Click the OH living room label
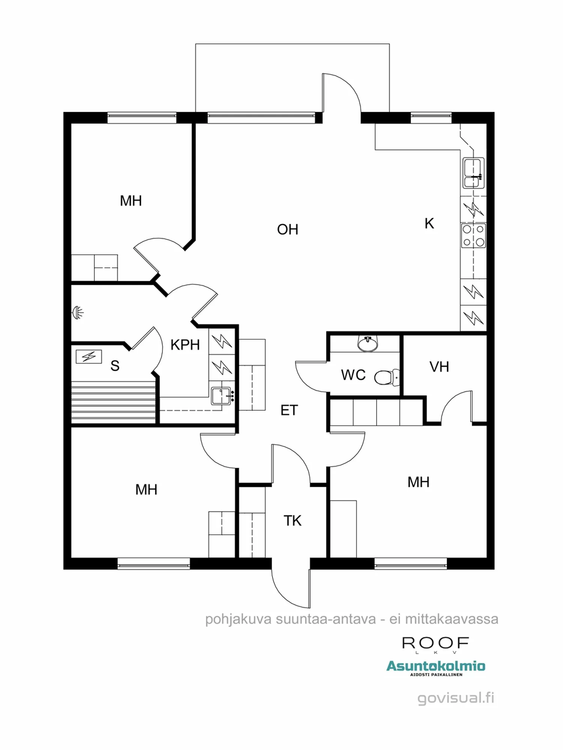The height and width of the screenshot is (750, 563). pos(288,229)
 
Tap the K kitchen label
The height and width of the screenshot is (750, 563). pos(429,223)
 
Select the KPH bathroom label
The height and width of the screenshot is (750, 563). pos(185,345)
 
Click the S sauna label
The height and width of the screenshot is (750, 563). pos(115,366)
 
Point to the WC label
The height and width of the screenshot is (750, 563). pos(353,375)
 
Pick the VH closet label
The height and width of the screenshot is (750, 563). pos(439,367)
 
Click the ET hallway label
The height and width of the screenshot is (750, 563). pos(289,410)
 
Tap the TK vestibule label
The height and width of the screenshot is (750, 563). pos(292,520)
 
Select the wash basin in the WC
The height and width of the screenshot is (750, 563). pos(368,343)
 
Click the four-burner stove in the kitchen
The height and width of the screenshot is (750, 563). pos(473,236)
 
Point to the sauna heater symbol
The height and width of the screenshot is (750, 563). pos(89,356)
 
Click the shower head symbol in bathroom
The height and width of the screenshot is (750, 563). pos(78,312)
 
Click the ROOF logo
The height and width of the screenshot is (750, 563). pos(435,643)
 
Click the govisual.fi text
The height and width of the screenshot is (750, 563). pos(456,698)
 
